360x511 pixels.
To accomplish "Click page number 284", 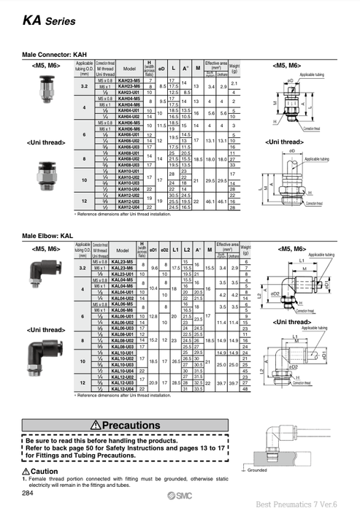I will click(28, 494).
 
